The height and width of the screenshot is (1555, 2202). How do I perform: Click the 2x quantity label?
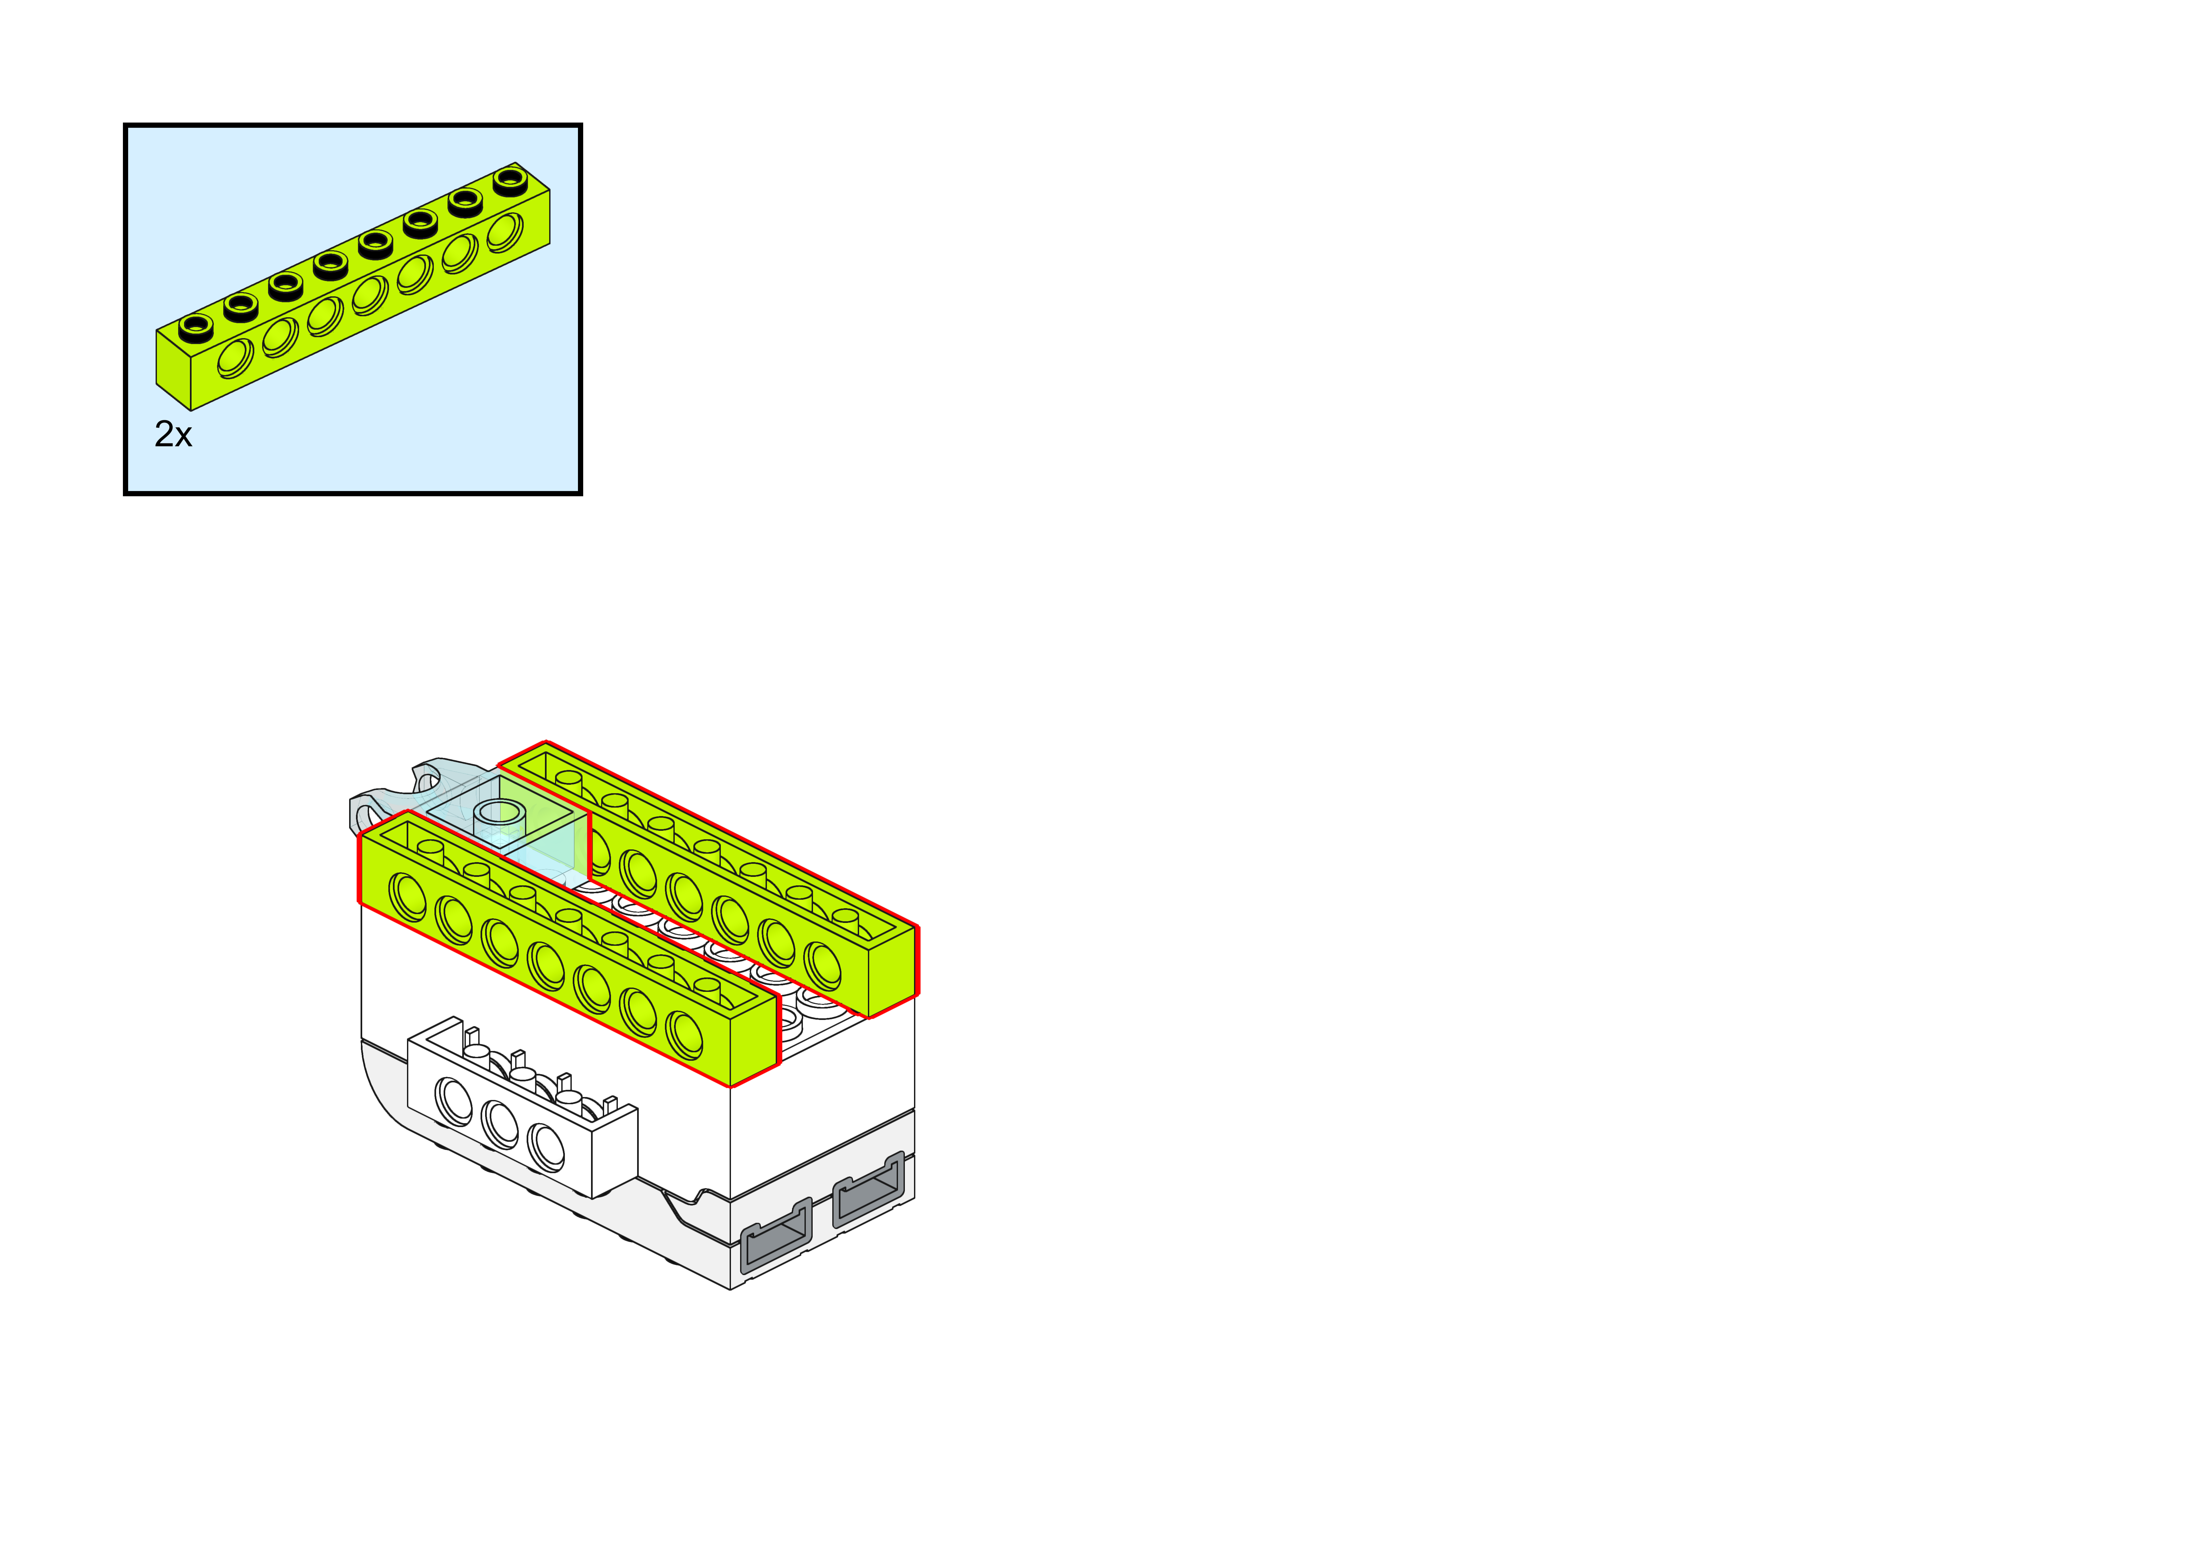[173, 434]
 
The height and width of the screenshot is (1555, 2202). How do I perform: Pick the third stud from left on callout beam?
[286, 284]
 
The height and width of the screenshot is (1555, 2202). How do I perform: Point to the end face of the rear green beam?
[892, 971]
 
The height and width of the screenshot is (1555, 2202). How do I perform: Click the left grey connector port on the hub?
[776, 1236]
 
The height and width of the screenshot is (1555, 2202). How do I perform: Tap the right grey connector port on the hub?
[868, 1190]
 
